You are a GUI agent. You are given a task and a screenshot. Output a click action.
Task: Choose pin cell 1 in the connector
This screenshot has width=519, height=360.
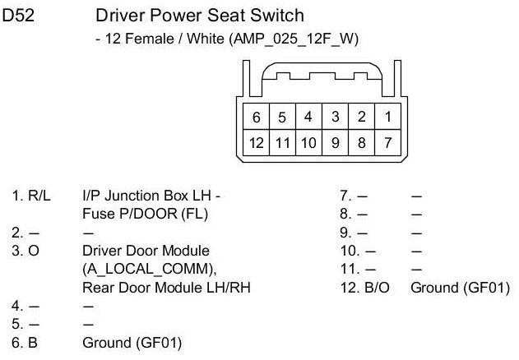(387, 117)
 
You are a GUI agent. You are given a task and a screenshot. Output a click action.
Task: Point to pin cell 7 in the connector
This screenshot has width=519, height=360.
(387, 143)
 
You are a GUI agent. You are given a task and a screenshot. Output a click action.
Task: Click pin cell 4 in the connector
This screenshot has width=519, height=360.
(308, 117)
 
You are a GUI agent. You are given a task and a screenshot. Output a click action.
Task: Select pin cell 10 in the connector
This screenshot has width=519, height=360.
(308, 143)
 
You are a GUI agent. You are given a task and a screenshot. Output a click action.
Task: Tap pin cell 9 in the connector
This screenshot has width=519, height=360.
(335, 143)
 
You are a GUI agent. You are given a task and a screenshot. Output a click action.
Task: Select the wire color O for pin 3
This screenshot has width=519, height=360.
(35, 251)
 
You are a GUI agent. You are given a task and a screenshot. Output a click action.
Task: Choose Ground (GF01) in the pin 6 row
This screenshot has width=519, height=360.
(132, 340)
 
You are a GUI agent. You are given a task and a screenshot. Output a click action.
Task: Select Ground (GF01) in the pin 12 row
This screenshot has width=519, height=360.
(460, 287)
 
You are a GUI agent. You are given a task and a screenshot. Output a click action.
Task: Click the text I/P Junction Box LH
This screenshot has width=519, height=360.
(151, 197)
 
